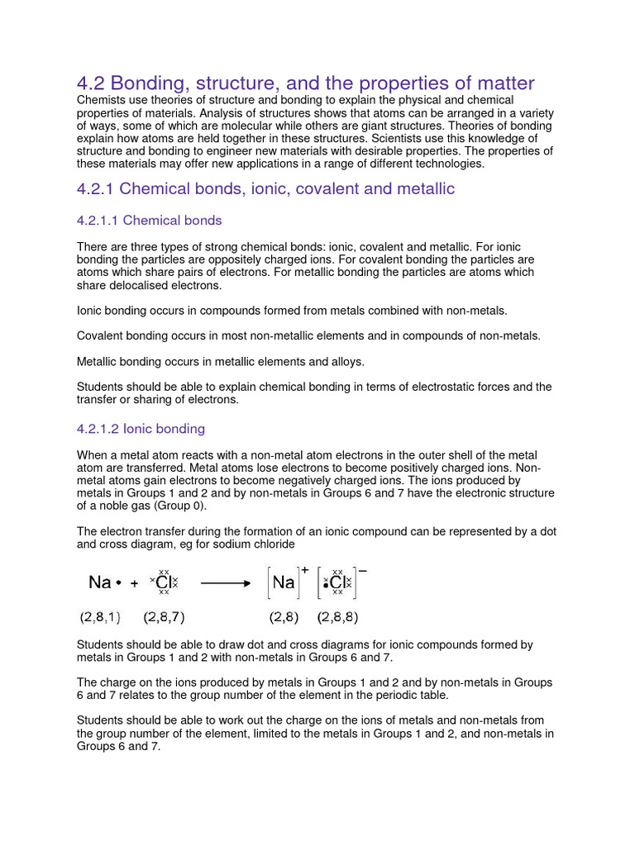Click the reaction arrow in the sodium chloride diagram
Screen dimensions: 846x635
click(x=226, y=582)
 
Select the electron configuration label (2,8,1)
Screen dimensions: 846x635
click(x=100, y=617)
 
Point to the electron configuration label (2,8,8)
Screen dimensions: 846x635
click(x=337, y=617)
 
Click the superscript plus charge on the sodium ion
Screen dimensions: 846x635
click(x=304, y=569)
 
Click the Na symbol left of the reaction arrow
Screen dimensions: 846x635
click(x=100, y=582)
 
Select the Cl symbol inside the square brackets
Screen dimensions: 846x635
click(x=337, y=583)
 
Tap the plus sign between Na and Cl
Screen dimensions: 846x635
click(x=134, y=583)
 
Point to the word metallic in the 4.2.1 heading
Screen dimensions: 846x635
click(x=427, y=189)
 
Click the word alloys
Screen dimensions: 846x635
click(x=346, y=361)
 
